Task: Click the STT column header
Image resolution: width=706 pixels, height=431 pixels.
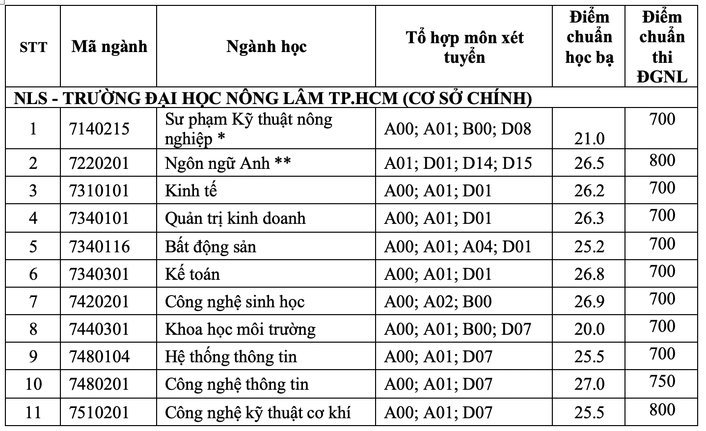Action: (33, 48)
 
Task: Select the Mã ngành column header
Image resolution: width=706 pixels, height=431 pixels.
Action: (109, 47)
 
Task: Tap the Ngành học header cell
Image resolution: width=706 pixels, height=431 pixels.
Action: (266, 47)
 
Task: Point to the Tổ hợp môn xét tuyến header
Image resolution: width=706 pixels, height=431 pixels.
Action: (464, 47)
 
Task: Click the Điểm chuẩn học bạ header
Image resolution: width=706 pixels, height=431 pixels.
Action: (589, 38)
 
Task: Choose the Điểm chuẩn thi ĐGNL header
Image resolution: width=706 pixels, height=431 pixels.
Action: (662, 47)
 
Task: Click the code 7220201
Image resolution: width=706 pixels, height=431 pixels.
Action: (100, 163)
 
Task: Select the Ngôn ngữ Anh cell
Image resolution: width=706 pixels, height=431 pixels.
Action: (228, 163)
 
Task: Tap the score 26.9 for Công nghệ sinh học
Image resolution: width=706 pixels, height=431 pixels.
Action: (589, 301)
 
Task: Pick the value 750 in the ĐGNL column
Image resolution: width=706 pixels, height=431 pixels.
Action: (662, 381)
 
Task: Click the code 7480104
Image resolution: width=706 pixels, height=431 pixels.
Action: (100, 356)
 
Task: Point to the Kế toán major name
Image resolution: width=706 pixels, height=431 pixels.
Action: (192, 274)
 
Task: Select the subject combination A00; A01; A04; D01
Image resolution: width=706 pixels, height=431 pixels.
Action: (458, 246)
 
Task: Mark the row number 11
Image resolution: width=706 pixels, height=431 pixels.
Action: (33, 412)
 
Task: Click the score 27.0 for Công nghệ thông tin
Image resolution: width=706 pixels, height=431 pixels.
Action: (589, 384)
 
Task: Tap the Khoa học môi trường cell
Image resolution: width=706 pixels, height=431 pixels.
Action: (240, 329)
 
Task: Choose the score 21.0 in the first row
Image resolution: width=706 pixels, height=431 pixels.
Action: (589, 139)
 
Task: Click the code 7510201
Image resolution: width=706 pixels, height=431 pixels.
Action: (100, 412)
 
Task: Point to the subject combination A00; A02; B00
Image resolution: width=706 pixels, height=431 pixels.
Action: (437, 301)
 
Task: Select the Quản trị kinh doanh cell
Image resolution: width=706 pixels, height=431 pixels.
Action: (235, 218)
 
